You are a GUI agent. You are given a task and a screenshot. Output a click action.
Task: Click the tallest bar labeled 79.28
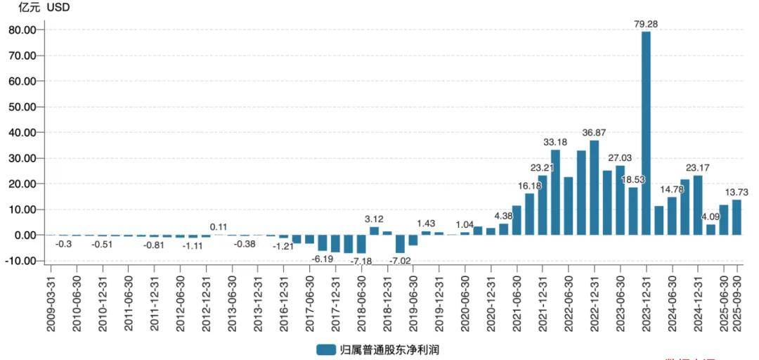tap(646, 134)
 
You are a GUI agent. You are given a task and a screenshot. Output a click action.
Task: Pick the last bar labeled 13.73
tap(737, 217)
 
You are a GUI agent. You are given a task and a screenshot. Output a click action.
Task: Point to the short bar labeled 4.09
tap(711, 229)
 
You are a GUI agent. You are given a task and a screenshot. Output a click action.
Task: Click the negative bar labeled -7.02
tap(400, 243)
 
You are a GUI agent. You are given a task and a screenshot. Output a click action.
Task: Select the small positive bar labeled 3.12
tap(374, 231)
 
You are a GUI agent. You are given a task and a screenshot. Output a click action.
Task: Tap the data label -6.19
tap(323, 259)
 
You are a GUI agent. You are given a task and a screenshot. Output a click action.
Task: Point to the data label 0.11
tap(219, 226)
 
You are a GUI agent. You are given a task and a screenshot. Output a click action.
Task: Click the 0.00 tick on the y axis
tap(24, 235)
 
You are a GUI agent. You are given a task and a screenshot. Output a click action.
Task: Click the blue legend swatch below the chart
tap(325, 349)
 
